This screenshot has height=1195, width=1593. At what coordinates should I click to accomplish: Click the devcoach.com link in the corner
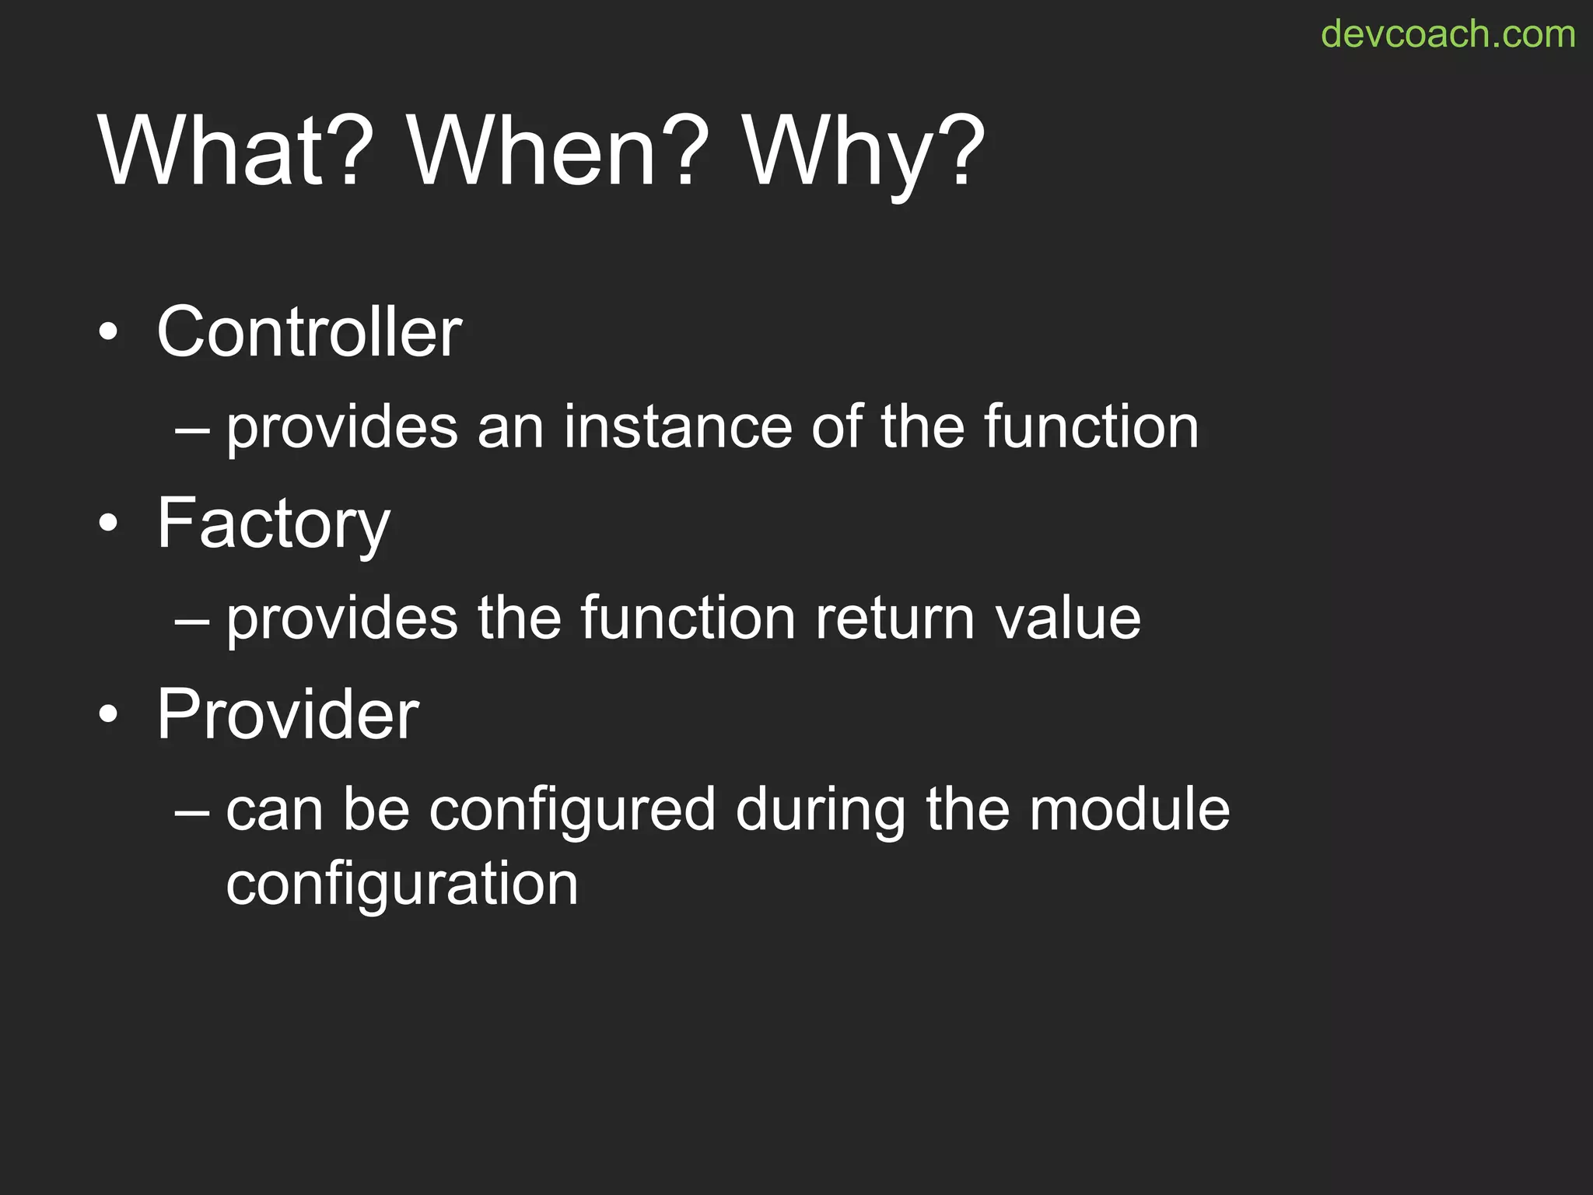tap(1448, 34)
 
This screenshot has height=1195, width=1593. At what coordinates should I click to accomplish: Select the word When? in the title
tap(558, 151)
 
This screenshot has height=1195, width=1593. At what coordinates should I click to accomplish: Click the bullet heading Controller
tap(309, 332)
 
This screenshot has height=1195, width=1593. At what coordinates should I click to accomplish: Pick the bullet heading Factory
tap(273, 524)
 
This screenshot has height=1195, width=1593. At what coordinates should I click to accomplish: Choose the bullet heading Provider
tap(288, 714)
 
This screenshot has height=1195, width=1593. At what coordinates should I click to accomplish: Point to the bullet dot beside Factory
tap(109, 524)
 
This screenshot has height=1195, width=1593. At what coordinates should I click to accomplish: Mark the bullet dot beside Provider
tap(109, 715)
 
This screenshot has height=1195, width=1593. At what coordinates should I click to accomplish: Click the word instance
tap(677, 427)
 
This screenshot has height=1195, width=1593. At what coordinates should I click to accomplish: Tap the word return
tap(895, 619)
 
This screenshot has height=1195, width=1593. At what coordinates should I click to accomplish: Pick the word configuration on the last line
tap(402, 885)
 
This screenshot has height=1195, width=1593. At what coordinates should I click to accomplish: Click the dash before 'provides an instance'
tap(192, 429)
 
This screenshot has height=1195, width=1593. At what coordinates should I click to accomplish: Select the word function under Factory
tap(688, 619)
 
